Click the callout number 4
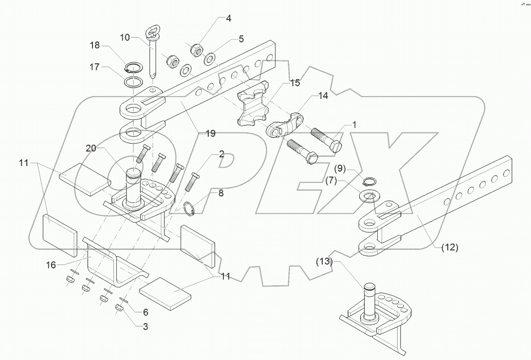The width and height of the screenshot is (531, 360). click(228, 19)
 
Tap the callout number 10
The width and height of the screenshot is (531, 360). click(125, 38)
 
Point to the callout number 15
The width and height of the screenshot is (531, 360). click(296, 83)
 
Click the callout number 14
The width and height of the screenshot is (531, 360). click(323, 96)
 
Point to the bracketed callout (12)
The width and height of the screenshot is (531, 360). click(449, 247)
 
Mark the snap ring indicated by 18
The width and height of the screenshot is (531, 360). click(133, 68)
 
